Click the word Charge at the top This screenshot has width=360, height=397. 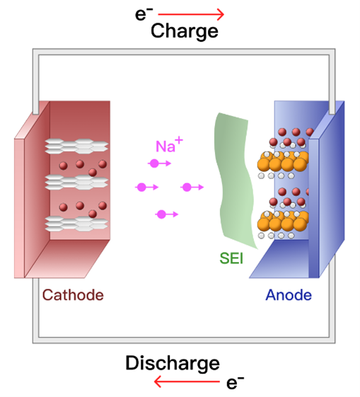pos(185,31)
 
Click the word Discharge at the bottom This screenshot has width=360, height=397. pos(173,363)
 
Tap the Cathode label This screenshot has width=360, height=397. pos(73,295)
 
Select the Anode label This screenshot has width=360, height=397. pos(289,295)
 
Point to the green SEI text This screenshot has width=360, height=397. pos(231,258)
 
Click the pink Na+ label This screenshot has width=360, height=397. pos(169,144)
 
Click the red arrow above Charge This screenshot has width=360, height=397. pos(191,14)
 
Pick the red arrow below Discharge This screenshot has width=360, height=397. pos(187,381)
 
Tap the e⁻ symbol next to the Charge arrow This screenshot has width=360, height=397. pos(144,14)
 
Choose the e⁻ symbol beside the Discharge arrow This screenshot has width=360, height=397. pos(235,383)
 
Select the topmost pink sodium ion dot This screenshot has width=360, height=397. pos(154,163)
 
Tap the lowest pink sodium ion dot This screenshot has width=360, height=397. pos(161,214)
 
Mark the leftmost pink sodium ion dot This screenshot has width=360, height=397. pos(141,188)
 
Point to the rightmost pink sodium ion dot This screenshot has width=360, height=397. pos(187,188)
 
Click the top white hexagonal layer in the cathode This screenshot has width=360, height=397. pos(76,146)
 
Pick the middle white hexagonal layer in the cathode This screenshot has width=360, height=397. pos(76,182)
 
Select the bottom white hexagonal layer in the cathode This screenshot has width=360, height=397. pos(76,224)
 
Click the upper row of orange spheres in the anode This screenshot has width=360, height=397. pos(283,162)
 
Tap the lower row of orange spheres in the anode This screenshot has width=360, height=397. pos(283,221)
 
